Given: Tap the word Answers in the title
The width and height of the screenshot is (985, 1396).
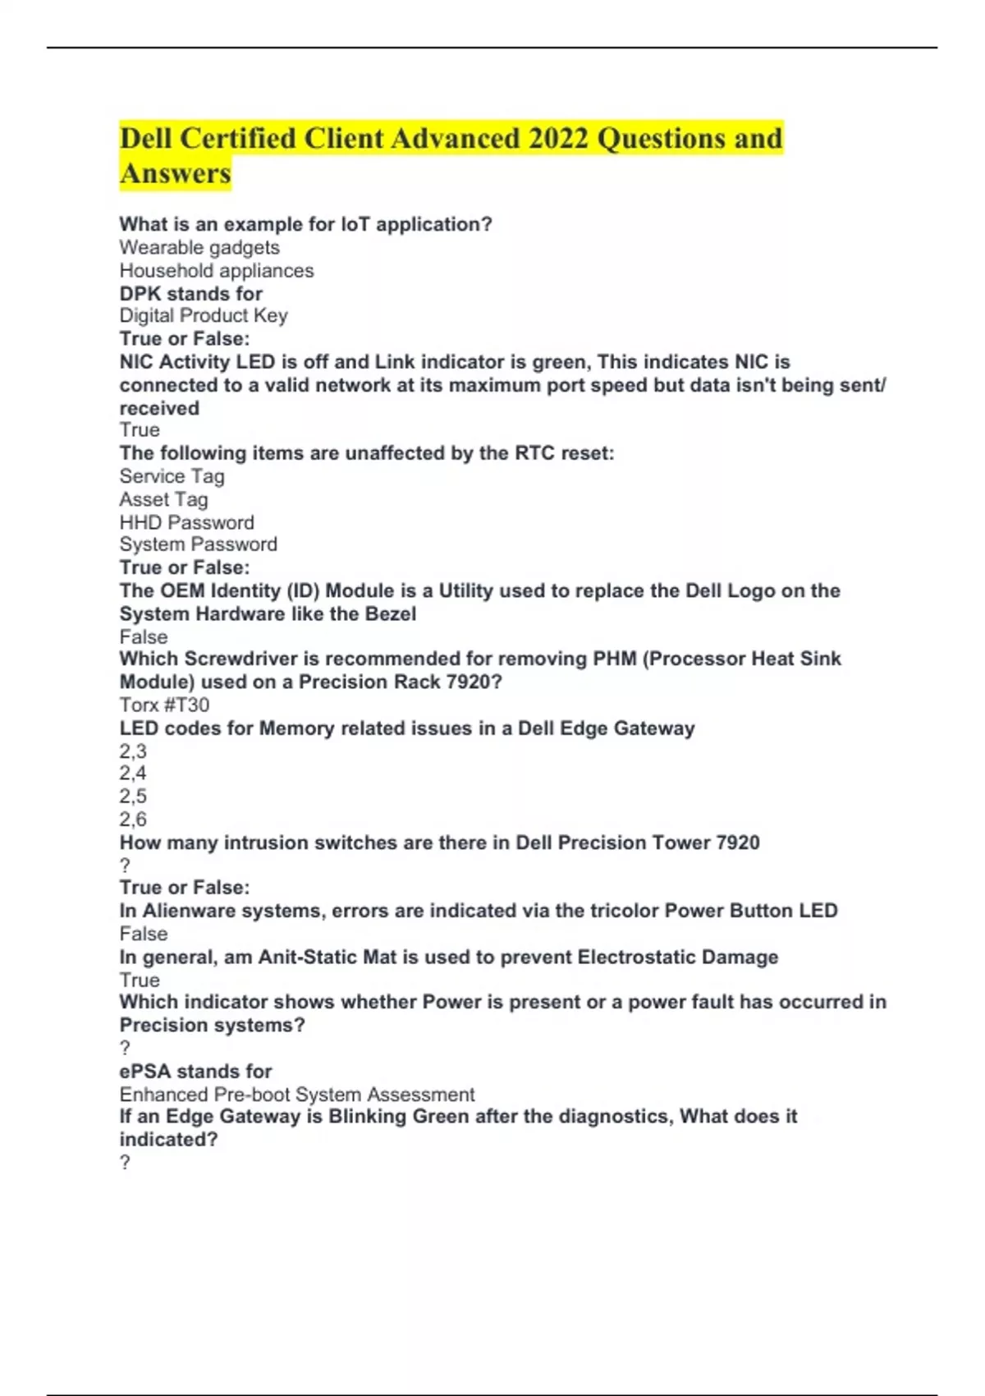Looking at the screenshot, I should point(176,173).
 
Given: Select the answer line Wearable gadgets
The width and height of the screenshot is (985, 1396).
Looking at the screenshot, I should point(199,247).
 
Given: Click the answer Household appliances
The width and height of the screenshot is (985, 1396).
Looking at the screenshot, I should point(217,270).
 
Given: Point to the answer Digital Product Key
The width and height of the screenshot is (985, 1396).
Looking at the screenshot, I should point(204,315).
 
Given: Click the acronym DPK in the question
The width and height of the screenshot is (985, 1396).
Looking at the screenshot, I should point(140,293).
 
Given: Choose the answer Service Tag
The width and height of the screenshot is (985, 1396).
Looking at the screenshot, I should point(172,476).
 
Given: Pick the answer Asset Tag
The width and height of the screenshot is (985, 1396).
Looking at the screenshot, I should point(163,499).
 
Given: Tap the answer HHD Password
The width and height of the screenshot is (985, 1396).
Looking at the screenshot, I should point(186,522).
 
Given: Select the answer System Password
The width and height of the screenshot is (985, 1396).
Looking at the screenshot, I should point(198,544).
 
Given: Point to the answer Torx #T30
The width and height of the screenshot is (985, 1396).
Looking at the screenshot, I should point(164,705).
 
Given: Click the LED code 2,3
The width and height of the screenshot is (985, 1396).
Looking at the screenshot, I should point(133,751).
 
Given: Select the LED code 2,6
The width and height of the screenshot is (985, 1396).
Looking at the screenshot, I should point(133,819).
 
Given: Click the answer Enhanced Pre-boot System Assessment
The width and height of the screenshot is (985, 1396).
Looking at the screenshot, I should point(296,1095).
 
